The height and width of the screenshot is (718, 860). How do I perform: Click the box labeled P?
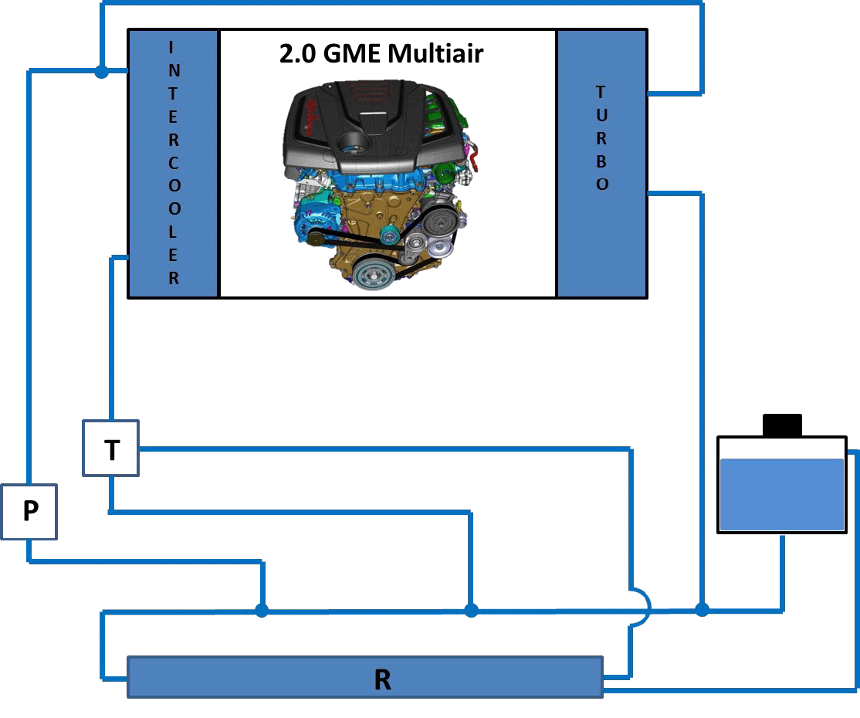pyautogui.click(x=29, y=512)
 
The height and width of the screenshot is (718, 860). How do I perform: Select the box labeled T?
pyautogui.click(x=111, y=448)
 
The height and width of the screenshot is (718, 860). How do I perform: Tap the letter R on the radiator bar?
pyautogui.click(x=382, y=679)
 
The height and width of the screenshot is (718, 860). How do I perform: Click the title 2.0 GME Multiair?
pyautogui.click(x=381, y=54)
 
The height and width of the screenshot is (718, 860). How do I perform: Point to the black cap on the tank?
pyautogui.click(x=782, y=425)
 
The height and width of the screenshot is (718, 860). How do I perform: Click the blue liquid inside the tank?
pyautogui.click(x=781, y=494)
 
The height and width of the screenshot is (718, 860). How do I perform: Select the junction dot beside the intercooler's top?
pyautogui.click(x=101, y=71)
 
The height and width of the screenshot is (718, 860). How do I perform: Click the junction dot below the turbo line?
pyautogui.click(x=702, y=609)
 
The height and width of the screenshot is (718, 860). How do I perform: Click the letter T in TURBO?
pyautogui.click(x=601, y=92)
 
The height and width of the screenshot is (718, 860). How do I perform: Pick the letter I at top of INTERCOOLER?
pyautogui.click(x=171, y=48)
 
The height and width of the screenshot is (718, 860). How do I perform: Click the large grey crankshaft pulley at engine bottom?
pyautogui.click(x=372, y=273)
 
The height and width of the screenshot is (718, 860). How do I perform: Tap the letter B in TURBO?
pyautogui.click(x=601, y=161)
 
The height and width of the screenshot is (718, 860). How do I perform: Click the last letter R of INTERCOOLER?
pyautogui.click(x=174, y=278)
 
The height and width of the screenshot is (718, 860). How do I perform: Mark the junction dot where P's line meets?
pyautogui.click(x=262, y=609)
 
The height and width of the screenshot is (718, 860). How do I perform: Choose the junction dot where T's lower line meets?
pyautogui.click(x=471, y=609)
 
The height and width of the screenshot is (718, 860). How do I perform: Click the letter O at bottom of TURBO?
pyautogui.click(x=602, y=185)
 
